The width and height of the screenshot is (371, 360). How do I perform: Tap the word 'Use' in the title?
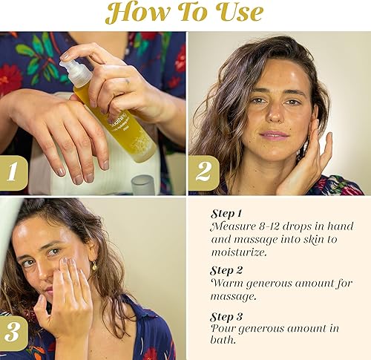coord(234,13)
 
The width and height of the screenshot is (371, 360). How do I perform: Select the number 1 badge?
coord(13,173)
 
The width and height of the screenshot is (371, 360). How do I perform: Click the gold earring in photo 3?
coord(94,266)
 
